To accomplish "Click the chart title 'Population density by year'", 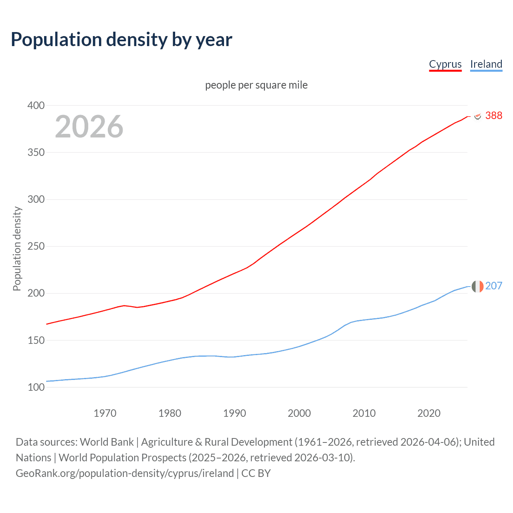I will [121, 40].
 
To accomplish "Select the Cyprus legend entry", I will [445, 64].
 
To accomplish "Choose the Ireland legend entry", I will [486, 64].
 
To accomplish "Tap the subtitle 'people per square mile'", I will [256, 85].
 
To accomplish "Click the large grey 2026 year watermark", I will [89, 127].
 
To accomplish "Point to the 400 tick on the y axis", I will [36, 105].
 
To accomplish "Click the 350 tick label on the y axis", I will [36, 152].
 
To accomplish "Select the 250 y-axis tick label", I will [36, 246].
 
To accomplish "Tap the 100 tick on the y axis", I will [36, 387].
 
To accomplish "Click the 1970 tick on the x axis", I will [105, 413].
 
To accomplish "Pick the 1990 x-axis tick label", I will [234, 413].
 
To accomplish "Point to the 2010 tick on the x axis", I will [364, 413].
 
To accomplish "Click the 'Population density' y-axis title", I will [17, 248].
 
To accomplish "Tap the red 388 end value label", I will [493, 115].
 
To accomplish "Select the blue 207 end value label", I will [493, 286].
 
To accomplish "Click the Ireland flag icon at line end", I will [477, 287].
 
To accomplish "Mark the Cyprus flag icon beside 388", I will [477, 116].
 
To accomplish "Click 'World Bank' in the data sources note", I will [107, 442].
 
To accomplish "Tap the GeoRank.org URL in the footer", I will [125, 473].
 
